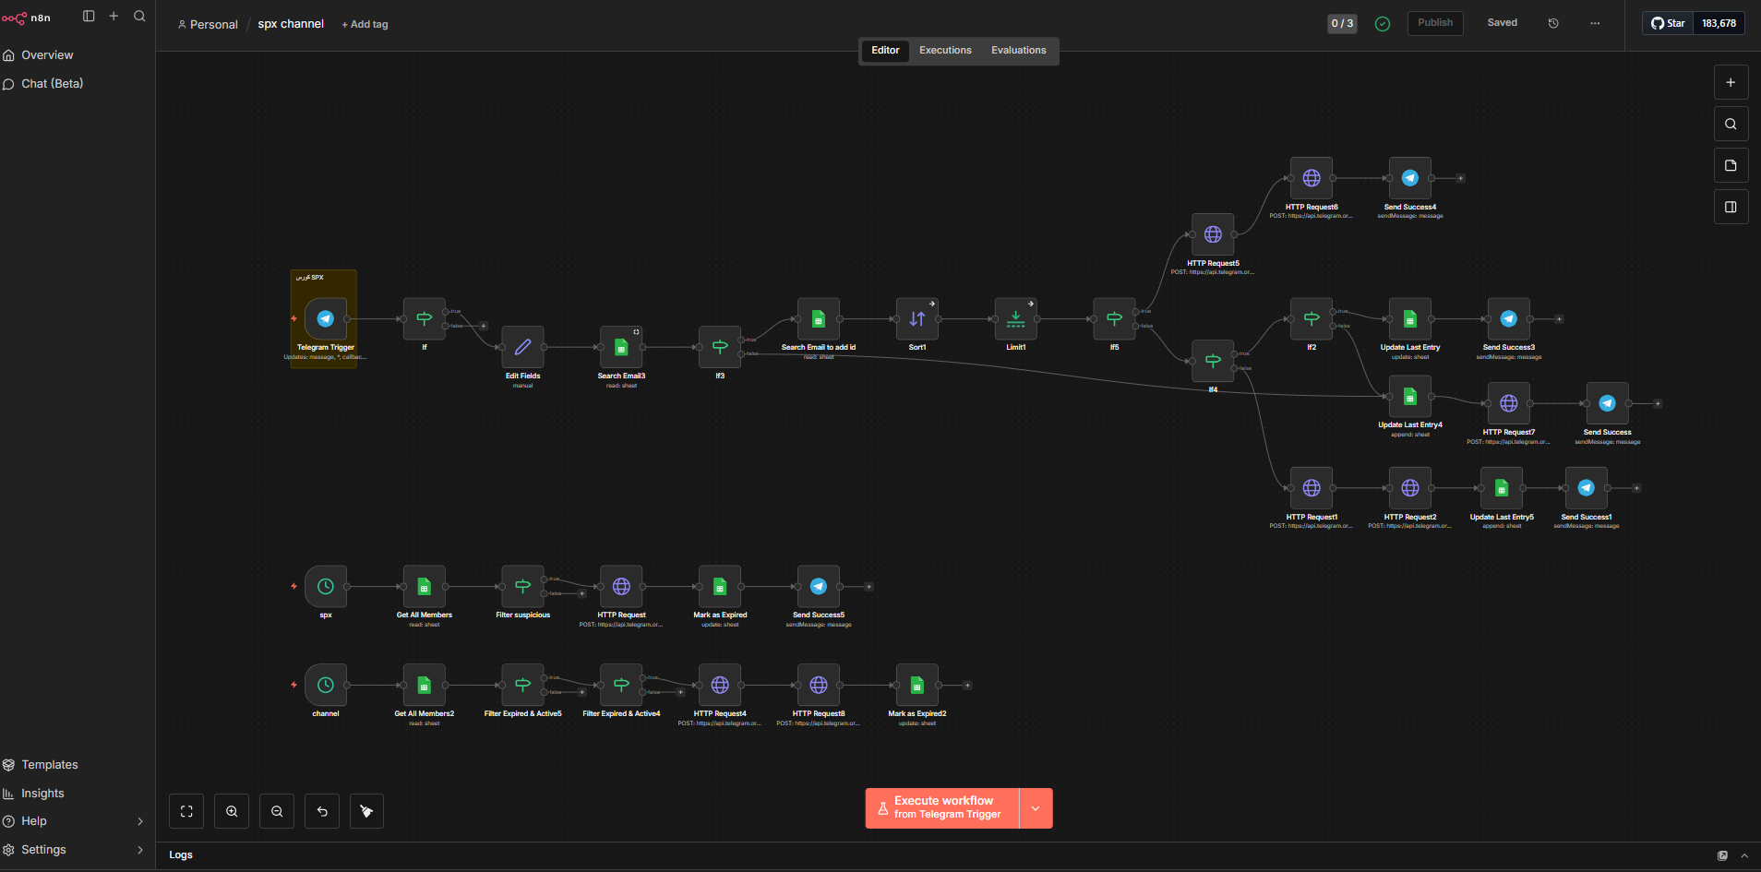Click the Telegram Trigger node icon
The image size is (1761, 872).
tap(326, 319)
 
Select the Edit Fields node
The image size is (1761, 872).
tap(522, 348)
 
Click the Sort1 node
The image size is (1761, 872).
tap(917, 319)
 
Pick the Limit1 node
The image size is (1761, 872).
tap(1015, 319)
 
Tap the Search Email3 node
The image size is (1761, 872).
tap(621, 348)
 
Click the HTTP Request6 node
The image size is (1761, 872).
tap(1312, 179)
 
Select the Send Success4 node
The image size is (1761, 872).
tap(1409, 179)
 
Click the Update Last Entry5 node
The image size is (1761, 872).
tap(1502, 488)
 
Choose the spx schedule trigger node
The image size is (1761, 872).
tap(326, 587)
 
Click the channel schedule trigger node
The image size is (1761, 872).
tap(326, 686)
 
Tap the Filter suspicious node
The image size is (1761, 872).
tap(522, 587)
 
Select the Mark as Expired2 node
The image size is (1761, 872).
tap(916, 686)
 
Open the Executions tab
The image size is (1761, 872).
tap(945, 51)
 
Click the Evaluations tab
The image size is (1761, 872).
tap(1018, 51)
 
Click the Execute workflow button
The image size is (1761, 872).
tap(942, 808)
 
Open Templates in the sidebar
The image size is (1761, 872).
tap(50, 765)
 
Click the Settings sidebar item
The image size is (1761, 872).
tap(43, 850)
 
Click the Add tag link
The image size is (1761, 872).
tap(365, 25)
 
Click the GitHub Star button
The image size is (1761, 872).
tap(1668, 23)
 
